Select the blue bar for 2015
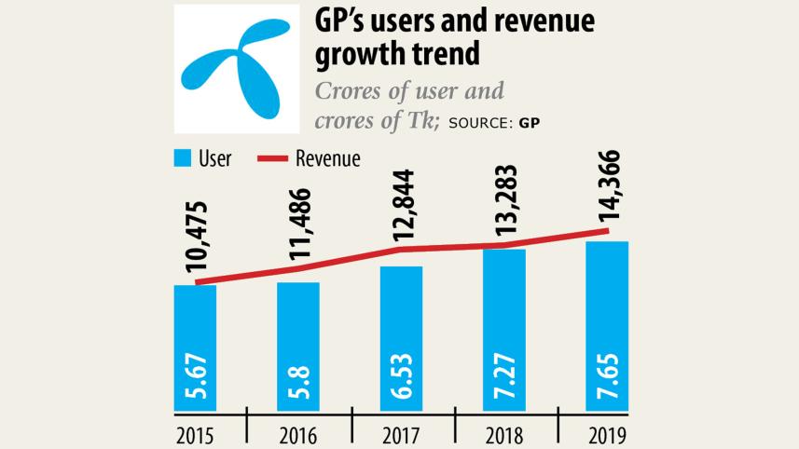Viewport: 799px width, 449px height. [195, 347]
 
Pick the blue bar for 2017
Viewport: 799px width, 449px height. [401, 337]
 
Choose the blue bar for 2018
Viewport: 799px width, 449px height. [504, 329]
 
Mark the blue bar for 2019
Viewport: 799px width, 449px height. [607, 325]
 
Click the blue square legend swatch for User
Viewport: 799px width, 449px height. [182, 159]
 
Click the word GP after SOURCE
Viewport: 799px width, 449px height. [530, 123]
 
